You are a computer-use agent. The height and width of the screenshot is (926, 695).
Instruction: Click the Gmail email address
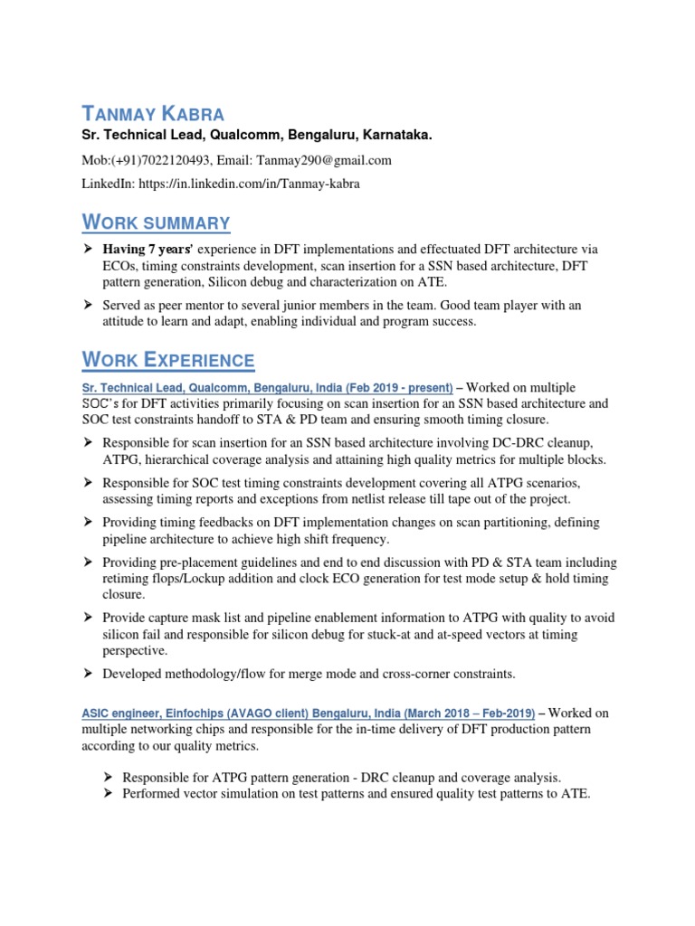click(322, 160)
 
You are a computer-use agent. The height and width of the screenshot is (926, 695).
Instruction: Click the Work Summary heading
click(156, 222)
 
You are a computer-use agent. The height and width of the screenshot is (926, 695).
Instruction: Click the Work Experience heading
click(168, 360)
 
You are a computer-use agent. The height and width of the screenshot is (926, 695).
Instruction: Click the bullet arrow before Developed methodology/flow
click(89, 674)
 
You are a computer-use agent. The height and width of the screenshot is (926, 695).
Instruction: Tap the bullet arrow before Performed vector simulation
click(108, 794)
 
